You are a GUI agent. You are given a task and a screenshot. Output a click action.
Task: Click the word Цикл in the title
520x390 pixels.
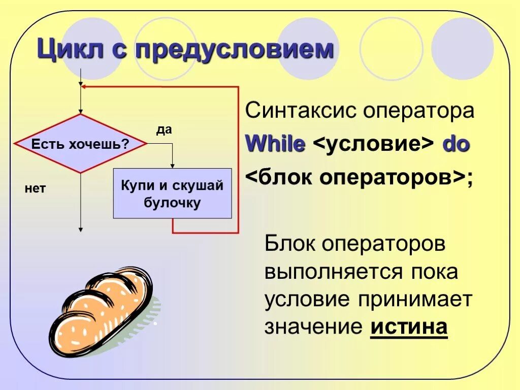pyautogui.click(x=66, y=51)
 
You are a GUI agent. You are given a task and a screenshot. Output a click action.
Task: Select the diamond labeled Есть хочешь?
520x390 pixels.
pyautogui.click(x=80, y=144)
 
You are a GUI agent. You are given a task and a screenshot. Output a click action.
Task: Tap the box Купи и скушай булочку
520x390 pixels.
pyautogui.click(x=172, y=193)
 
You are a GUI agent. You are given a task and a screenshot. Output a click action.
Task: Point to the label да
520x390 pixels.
pyautogui.click(x=164, y=129)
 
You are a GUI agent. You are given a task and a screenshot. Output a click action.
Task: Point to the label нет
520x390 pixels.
pyautogui.click(x=35, y=189)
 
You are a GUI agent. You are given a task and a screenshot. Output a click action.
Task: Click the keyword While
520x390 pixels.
pyautogui.click(x=275, y=145)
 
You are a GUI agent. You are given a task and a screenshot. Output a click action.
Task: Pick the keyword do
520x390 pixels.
pyautogui.click(x=456, y=145)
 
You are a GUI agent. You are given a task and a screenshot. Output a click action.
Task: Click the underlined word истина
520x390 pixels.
pyautogui.click(x=409, y=327)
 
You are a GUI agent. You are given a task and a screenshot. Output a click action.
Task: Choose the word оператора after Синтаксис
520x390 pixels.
pyautogui.click(x=418, y=111)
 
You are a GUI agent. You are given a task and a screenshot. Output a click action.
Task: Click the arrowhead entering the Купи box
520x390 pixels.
pyautogui.click(x=172, y=165)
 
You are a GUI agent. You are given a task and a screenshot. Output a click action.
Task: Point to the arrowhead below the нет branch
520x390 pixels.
pyautogui.click(x=80, y=230)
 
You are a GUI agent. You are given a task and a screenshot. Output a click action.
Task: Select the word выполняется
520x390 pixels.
pyautogui.click(x=330, y=272)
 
